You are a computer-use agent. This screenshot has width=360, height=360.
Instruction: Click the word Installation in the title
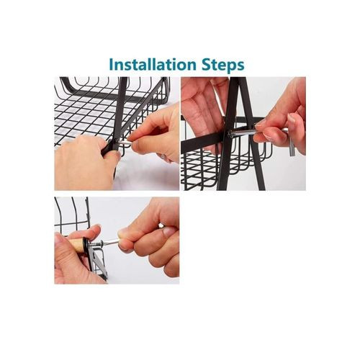click(153, 65)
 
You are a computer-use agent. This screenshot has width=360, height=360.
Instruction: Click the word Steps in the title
click(223, 66)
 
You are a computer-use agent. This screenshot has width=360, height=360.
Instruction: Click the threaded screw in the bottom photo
click(94, 245)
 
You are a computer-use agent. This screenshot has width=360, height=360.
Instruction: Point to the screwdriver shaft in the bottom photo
click(110, 242)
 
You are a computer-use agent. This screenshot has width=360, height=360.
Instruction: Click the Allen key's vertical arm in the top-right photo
click(292, 143)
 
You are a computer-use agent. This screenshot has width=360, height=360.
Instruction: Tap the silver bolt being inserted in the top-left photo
click(125, 143)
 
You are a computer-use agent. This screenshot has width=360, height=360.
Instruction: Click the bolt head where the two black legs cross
click(231, 134)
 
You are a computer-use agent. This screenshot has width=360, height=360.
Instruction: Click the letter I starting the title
click(111, 65)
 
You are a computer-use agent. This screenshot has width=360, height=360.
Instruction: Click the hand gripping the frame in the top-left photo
click(84, 163)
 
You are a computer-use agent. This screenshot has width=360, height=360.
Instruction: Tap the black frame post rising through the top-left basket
click(120, 113)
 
